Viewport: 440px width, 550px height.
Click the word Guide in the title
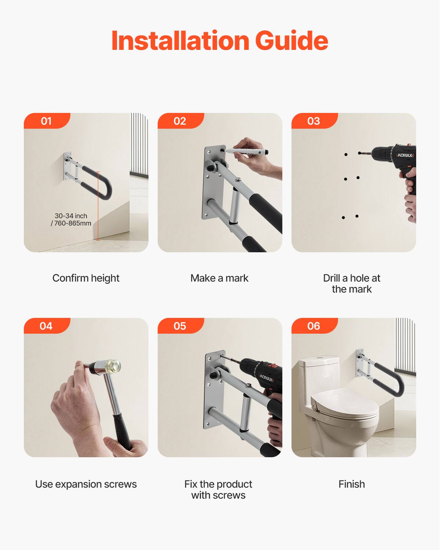click(x=291, y=41)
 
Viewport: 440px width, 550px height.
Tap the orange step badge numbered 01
click(x=47, y=121)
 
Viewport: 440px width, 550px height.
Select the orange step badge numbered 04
click(x=47, y=326)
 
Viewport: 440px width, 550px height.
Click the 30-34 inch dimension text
click(x=71, y=216)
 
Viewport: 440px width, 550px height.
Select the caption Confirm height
click(x=86, y=278)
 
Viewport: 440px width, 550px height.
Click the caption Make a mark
click(x=219, y=278)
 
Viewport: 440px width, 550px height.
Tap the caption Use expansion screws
click(x=86, y=484)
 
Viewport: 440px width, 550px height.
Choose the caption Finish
click(x=352, y=484)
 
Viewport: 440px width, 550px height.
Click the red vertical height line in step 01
click(x=98, y=205)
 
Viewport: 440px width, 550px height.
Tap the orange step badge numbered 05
click(x=180, y=326)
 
